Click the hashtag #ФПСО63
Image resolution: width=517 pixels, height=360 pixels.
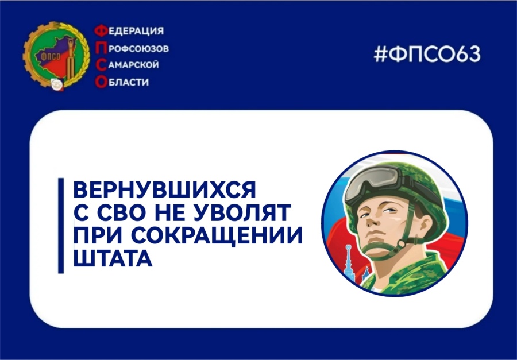point(426,54)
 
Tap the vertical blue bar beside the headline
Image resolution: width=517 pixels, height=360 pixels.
point(61,225)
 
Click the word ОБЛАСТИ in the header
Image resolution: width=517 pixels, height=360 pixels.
point(126,82)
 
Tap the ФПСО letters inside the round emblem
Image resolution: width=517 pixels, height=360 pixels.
point(45,55)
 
